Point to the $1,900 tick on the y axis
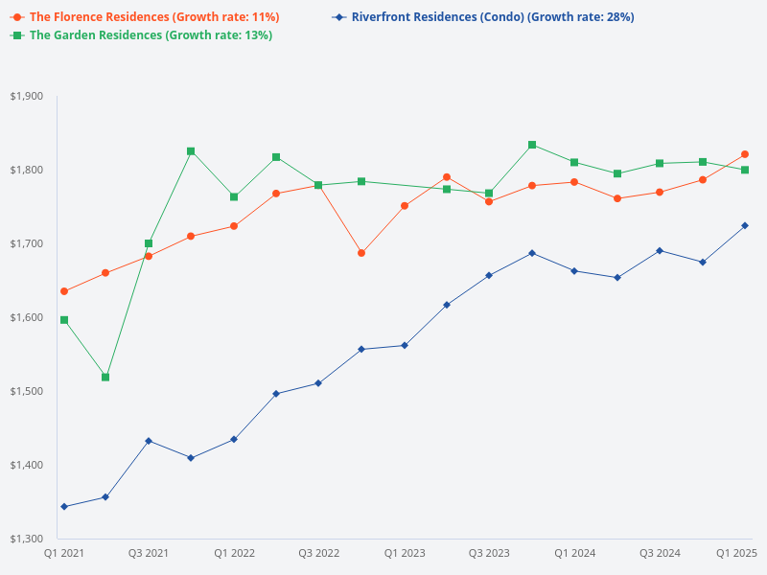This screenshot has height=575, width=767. [x=26, y=96]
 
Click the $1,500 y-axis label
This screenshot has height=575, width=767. [x=26, y=391]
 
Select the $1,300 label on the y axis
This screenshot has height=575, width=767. [x=26, y=539]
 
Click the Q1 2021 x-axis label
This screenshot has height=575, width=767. [x=64, y=553]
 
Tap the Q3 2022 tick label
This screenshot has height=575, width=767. [x=318, y=553]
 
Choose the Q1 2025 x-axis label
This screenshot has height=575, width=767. [x=737, y=553]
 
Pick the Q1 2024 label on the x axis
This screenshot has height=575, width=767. [x=574, y=553]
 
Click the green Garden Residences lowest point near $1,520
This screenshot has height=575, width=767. [x=105, y=378]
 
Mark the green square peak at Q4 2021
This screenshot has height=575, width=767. [x=191, y=151]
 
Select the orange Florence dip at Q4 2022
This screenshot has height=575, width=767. [x=361, y=253]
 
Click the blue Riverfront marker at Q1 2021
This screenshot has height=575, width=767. [x=64, y=506]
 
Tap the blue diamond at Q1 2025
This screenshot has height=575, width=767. [x=745, y=225]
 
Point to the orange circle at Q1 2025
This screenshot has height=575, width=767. [x=745, y=154]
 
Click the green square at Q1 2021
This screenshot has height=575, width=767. [x=64, y=320]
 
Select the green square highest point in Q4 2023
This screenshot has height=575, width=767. [x=532, y=145]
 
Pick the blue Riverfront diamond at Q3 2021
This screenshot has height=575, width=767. [x=149, y=441]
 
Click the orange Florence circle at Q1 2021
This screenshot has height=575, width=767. [x=64, y=291]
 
